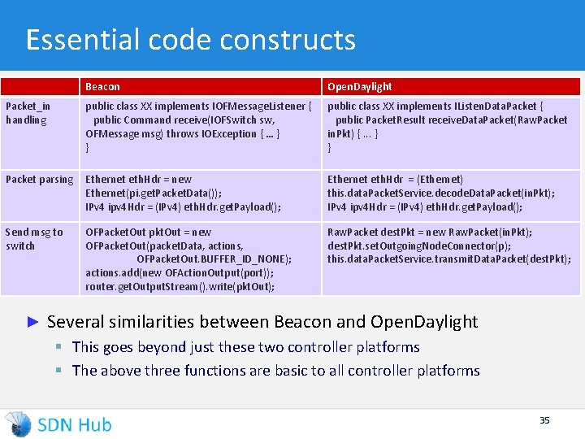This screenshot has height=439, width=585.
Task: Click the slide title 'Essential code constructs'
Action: coord(190,40)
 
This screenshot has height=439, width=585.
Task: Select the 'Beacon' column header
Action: coord(102,86)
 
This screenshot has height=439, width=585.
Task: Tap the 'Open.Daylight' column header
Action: coord(359,86)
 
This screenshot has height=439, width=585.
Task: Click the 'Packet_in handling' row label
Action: coord(28,113)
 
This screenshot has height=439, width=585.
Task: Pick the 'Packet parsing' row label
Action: coord(39,179)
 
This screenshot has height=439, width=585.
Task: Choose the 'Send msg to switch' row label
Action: coord(34,239)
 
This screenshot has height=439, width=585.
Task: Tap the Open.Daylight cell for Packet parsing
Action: coord(441,193)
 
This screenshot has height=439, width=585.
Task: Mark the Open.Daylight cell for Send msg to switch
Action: coord(448,246)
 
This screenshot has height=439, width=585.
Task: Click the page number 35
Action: coord(544,420)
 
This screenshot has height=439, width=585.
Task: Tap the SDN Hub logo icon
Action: coord(18,424)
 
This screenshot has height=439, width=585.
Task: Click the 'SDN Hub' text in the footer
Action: coord(75,424)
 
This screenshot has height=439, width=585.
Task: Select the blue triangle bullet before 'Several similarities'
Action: coord(33,322)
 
